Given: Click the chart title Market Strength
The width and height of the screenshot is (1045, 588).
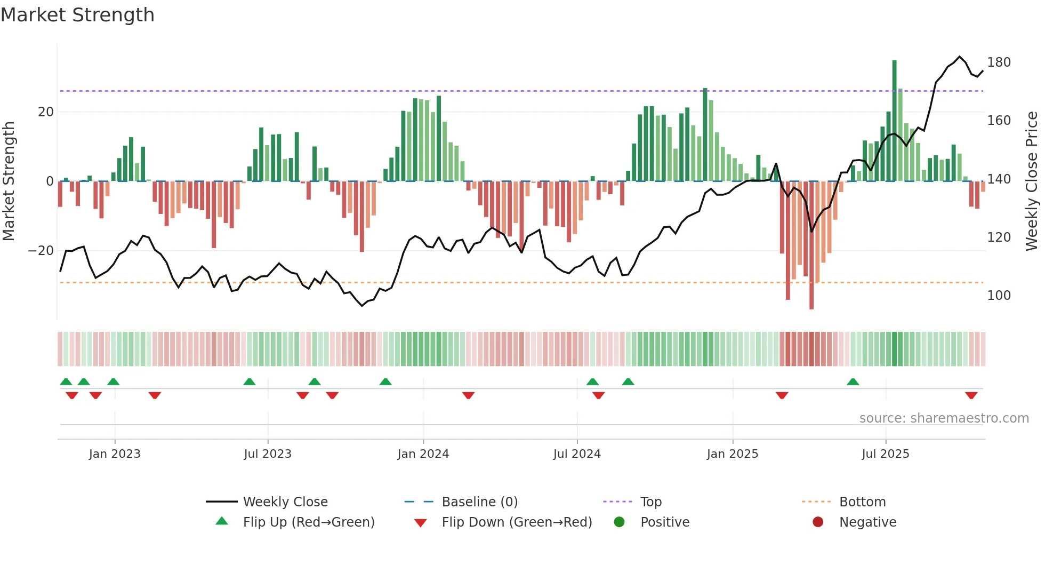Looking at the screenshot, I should (77, 15).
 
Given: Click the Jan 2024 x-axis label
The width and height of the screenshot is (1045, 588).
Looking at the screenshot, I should (423, 454).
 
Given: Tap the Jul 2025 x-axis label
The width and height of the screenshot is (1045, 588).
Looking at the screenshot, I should (885, 454).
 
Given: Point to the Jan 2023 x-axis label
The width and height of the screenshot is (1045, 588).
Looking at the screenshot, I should (115, 454).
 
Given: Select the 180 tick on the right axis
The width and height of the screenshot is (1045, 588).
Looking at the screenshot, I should (999, 62).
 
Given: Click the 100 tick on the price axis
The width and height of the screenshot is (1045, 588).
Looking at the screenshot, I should (999, 296).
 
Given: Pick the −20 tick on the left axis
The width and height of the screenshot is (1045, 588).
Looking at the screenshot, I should (41, 251).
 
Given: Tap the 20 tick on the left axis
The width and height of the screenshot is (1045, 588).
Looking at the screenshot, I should (46, 112).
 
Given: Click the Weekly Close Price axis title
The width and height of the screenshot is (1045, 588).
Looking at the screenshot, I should (1032, 181).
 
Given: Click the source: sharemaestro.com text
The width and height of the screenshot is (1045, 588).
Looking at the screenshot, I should (944, 418).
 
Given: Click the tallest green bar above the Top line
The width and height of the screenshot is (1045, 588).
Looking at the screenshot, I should (894, 120).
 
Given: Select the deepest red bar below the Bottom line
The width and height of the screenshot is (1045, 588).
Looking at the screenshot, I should (811, 245).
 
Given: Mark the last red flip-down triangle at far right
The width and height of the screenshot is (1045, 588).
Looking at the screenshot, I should (971, 395).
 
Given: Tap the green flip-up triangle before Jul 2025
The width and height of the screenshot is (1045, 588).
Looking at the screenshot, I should (853, 382).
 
